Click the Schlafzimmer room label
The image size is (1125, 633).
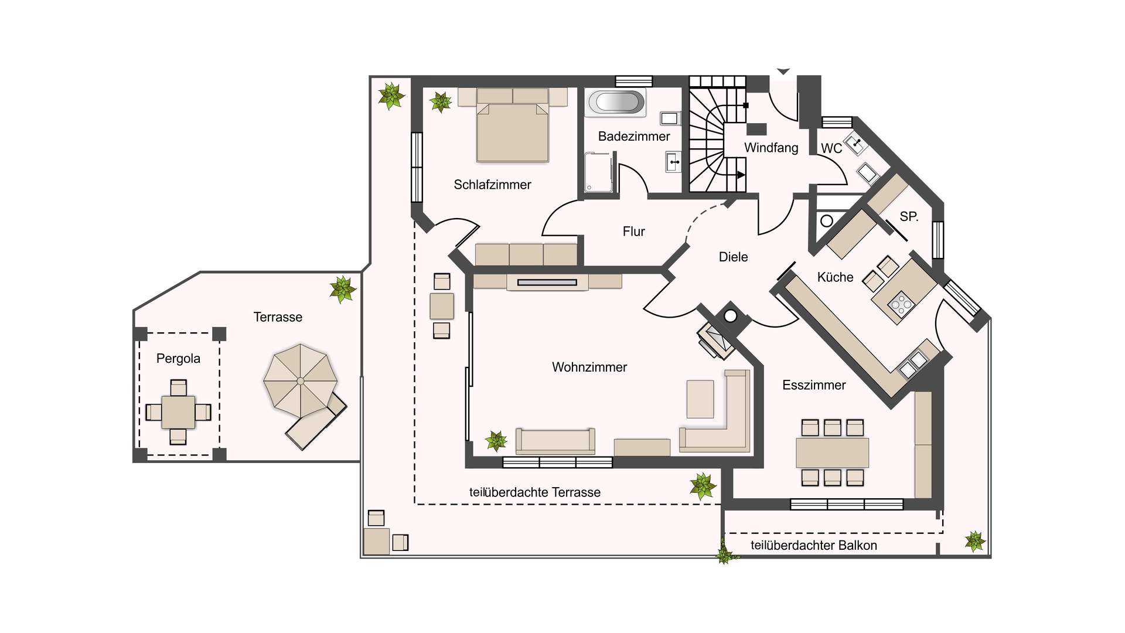[492, 185]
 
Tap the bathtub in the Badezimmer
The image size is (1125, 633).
[616, 102]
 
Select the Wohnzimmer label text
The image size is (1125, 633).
[589, 367]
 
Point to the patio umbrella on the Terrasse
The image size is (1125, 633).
[301, 380]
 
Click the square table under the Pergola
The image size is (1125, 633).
[178, 412]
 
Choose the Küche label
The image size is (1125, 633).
[835, 277]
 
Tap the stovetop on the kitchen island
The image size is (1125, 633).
[901, 303]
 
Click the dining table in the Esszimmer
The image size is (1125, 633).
[832, 452]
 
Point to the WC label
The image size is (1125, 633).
[831, 148]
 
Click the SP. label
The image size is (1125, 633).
[909, 216]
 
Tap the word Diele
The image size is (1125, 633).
[733, 257]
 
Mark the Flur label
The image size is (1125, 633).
[633, 232]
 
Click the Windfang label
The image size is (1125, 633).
[771, 148]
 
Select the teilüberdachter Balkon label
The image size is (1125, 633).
[814, 546]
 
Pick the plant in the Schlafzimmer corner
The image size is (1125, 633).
[441, 102]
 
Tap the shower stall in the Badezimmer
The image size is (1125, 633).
[599, 172]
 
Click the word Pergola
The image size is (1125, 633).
[178, 359]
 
